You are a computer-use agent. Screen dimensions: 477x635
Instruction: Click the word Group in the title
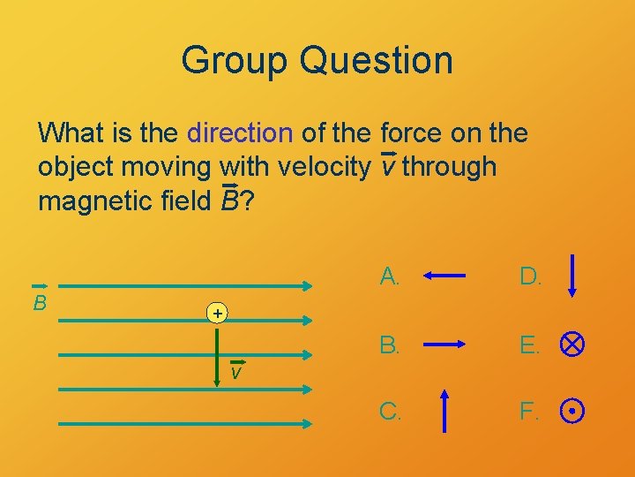[x=234, y=60]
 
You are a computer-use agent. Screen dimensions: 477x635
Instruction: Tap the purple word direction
[x=240, y=133]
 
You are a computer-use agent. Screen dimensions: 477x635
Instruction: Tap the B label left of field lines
[x=41, y=304]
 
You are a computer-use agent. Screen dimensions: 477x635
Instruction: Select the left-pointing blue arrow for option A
[x=444, y=276]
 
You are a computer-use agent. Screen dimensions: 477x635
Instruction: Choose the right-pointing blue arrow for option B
[x=444, y=344]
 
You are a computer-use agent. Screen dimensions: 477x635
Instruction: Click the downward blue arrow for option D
[x=573, y=276]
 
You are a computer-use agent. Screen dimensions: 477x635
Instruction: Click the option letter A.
[x=390, y=276]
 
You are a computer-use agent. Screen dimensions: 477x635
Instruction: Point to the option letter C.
[x=390, y=411]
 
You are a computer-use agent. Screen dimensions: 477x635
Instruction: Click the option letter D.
[x=530, y=276]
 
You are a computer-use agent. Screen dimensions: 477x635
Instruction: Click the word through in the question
[x=450, y=166]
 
